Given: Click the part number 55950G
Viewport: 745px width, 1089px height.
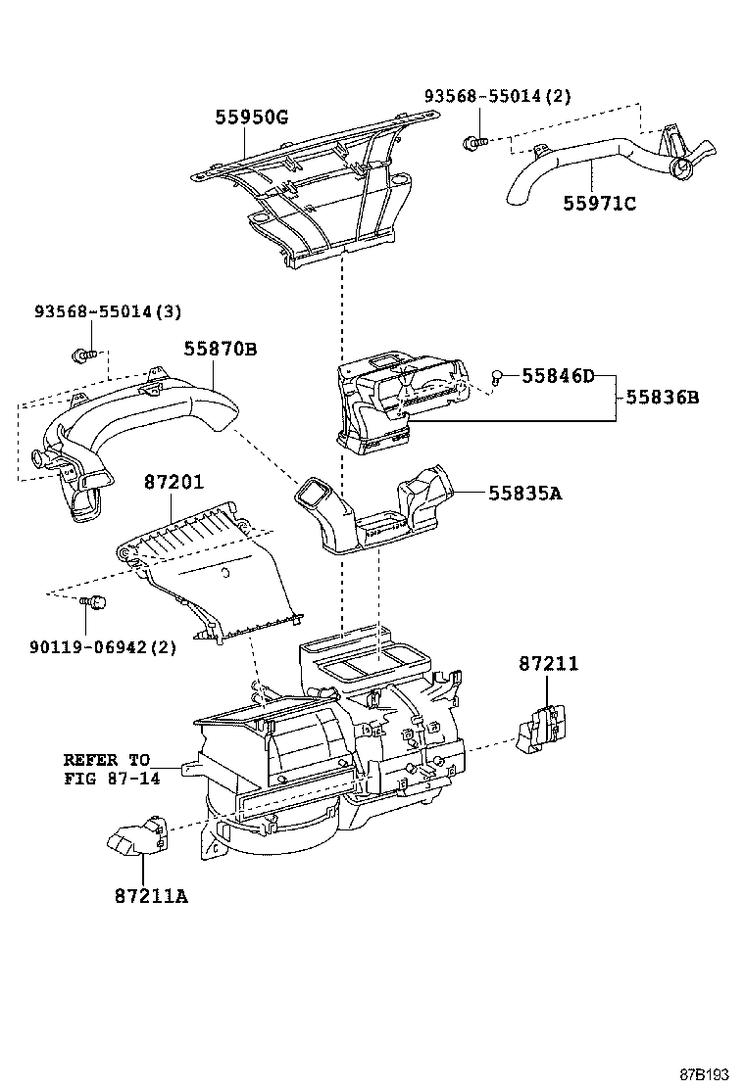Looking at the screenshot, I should tap(252, 118).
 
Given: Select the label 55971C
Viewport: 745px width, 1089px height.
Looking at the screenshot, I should tap(599, 204).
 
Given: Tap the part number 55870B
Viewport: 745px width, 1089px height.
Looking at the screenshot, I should tap(221, 348).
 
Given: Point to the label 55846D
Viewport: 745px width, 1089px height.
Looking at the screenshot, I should tap(558, 376).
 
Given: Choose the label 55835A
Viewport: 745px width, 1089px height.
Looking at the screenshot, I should tap(524, 494).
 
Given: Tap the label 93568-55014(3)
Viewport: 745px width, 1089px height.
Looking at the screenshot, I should tap(108, 311).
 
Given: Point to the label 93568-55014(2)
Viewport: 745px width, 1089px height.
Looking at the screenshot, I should tap(497, 96).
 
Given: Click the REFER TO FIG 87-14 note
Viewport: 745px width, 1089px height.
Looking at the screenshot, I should tap(107, 769).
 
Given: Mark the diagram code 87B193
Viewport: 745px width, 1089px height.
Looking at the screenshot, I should tap(705, 1072).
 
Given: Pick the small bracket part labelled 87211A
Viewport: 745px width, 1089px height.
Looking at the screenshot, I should tap(136, 835).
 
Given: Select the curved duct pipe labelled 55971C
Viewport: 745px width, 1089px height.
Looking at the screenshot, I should tap(598, 167).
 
